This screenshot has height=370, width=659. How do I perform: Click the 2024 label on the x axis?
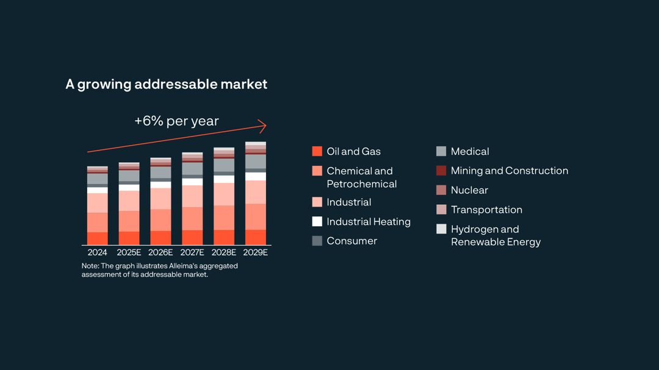click(x=97, y=252)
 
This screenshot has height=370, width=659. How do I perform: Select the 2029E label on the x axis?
click(x=256, y=252)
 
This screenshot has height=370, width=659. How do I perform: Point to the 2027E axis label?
click(x=192, y=252)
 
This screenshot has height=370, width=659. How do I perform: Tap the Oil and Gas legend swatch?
click(x=317, y=151)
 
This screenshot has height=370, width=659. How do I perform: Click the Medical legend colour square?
click(x=441, y=151)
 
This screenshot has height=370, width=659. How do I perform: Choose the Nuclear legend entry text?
click(x=469, y=190)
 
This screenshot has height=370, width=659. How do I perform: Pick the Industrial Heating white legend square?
click(x=317, y=221)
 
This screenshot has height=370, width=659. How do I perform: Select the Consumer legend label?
click(x=351, y=241)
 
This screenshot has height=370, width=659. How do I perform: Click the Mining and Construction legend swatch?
click(x=441, y=171)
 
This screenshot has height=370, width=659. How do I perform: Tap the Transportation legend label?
click(x=486, y=210)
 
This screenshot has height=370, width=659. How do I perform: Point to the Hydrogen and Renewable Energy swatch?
click(x=441, y=229)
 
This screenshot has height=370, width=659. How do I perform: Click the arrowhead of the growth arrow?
click(x=263, y=126)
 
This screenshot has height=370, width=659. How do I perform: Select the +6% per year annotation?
click(x=176, y=121)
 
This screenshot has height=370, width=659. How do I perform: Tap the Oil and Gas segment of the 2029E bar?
click(x=256, y=237)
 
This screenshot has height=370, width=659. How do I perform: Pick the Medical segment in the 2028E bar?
click(x=224, y=165)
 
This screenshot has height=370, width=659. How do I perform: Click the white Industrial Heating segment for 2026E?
click(x=160, y=185)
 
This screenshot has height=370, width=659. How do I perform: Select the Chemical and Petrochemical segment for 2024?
click(x=97, y=222)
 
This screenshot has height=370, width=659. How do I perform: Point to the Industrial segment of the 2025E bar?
click(x=129, y=201)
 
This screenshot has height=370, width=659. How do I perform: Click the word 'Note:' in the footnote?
click(x=91, y=266)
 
